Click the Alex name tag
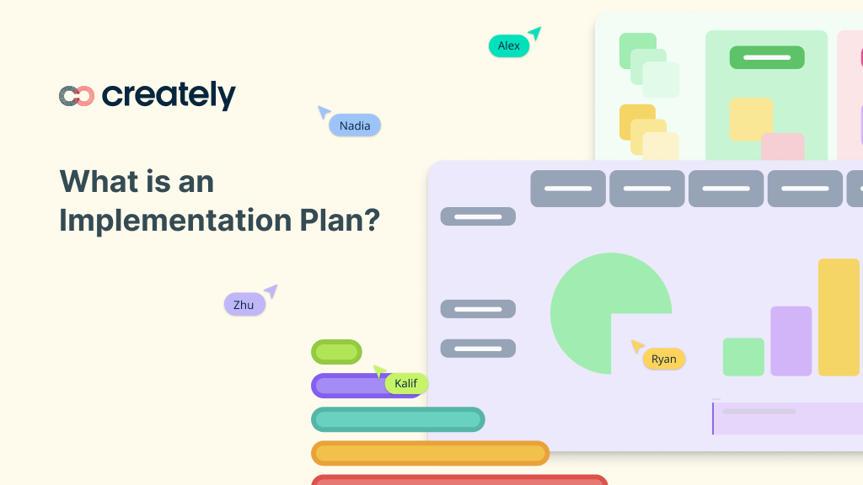[509, 45]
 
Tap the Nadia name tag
[355, 125]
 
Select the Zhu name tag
[244, 305]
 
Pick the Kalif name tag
[406, 384]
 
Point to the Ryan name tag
[663, 359]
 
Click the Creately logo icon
[76, 96]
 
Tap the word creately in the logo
[169, 96]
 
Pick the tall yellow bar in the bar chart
[839, 317]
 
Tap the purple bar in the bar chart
[791, 341]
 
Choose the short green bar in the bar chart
[743, 356]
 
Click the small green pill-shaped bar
[336, 352]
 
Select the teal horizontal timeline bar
[398, 419]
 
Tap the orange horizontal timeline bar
[430, 453]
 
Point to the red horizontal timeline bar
[459, 480]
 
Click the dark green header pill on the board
[767, 57]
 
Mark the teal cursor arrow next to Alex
[534, 34]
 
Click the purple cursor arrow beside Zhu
[271, 291]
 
